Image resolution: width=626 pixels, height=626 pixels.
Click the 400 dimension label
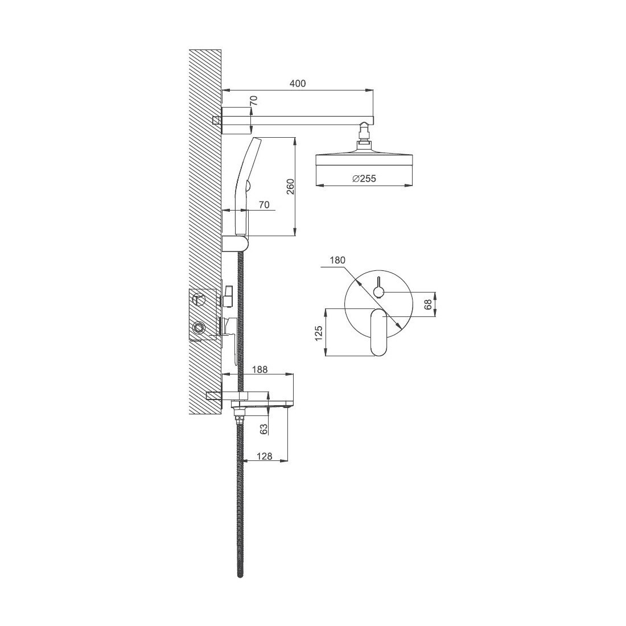click(298, 84)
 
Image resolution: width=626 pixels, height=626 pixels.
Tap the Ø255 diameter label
click(364, 179)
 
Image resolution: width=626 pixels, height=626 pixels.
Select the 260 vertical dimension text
click(290, 187)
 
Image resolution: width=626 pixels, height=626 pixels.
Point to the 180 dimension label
click(337, 260)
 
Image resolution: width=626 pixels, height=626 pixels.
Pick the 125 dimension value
click(318, 333)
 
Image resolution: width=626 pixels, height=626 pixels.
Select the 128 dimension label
click(264, 456)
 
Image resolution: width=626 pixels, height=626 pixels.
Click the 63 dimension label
click(264, 429)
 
